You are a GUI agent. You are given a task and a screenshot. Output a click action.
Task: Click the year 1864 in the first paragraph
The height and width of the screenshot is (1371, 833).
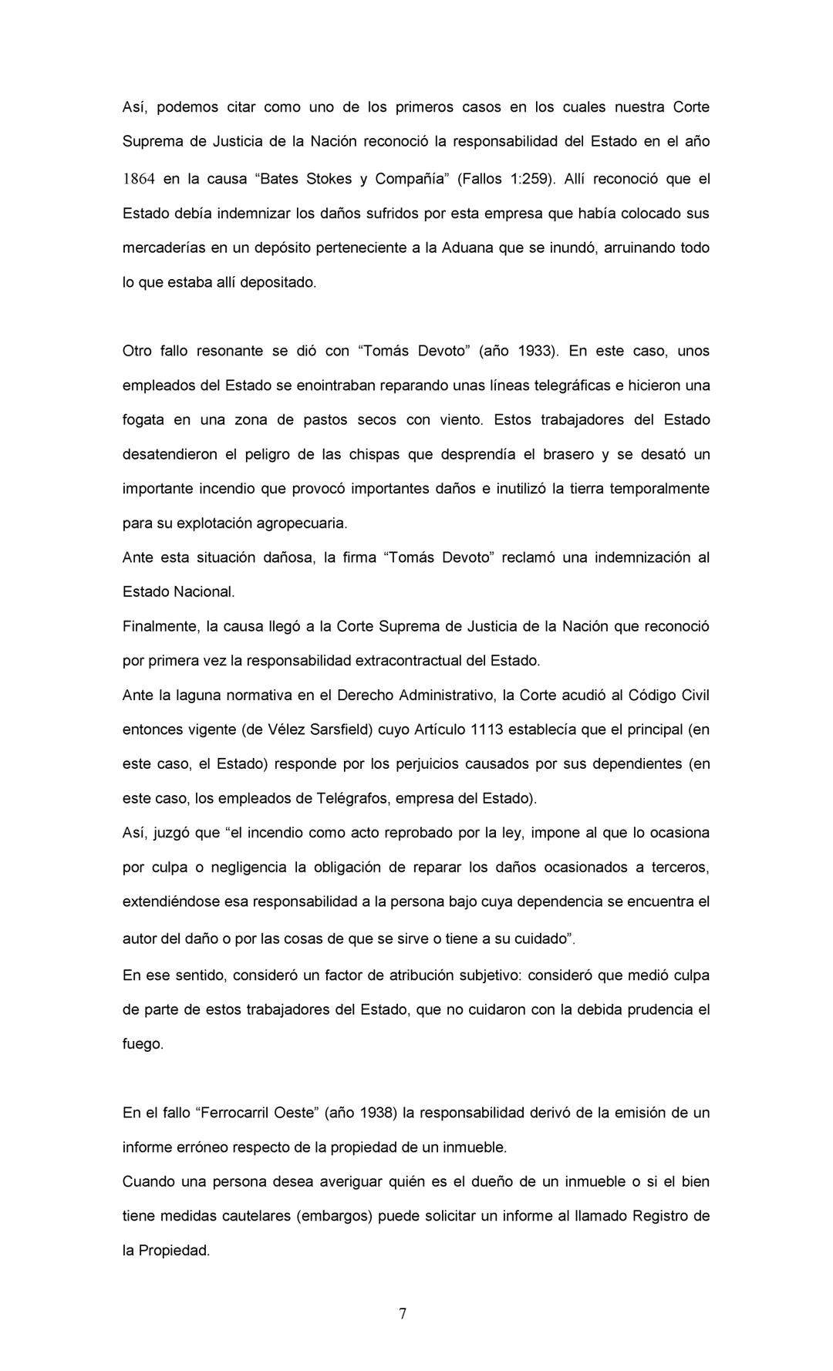[x=139, y=180]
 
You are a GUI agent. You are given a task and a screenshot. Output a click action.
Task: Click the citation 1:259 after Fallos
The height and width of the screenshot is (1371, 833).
[x=530, y=180]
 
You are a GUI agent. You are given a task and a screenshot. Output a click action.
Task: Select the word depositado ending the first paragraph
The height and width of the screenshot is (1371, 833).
[x=278, y=282]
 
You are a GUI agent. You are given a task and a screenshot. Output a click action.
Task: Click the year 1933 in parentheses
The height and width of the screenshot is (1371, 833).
[x=536, y=352]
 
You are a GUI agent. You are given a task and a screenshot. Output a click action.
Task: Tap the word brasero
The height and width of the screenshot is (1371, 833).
[x=568, y=454]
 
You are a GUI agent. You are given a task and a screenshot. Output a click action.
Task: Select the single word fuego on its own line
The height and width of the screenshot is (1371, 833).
[x=143, y=1045]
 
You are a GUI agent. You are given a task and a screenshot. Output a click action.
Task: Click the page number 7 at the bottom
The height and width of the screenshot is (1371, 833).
[x=403, y=1314]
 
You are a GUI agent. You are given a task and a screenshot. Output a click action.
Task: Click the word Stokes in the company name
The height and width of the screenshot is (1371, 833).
[x=329, y=180]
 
